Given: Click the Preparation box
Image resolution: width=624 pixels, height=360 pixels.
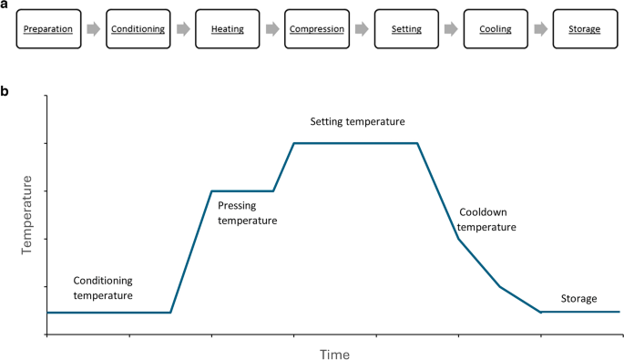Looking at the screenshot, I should pyautogui.click(x=48, y=28).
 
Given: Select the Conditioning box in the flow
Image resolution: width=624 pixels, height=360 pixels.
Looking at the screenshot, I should pyautogui.click(x=138, y=28).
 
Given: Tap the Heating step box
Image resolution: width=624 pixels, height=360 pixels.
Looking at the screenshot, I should pyautogui.click(x=227, y=28).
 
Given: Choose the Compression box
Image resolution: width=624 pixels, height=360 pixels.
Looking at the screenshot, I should pyautogui.click(x=316, y=28).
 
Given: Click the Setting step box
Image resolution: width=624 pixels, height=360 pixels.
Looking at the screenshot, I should pyautogui.click(x=405, y=28).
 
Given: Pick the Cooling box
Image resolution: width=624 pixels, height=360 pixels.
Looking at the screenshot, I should pyautogui.click(x=495, y=28).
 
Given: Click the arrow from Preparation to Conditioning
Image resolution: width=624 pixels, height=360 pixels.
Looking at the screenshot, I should pyautogui.click(x=93, y=28).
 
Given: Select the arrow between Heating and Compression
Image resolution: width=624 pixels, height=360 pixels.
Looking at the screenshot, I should pyautogui.click(x=271, y=28).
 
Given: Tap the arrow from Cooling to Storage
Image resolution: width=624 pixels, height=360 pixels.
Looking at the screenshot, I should pyautogui.click(x=539, y=28).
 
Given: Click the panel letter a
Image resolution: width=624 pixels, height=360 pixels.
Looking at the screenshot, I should pyautogui.click(x=5, y=5).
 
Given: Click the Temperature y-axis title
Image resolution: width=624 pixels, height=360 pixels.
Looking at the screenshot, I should pyautogui.click(x=27, y=220).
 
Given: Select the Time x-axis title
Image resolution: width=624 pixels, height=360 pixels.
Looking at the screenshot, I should pyautogui.click(x=333, y=353).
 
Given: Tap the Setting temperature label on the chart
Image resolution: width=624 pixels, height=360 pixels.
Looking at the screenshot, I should pyautogui.click(x=357, y=121).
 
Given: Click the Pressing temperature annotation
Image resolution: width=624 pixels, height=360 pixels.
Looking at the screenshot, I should pyautogui.click(x=248, y=213).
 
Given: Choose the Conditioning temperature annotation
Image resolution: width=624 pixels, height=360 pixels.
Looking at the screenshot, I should pyautogui.click(x=103, y=288).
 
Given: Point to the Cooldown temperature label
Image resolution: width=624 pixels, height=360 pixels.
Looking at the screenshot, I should pyautogui.click(x=487, y=219).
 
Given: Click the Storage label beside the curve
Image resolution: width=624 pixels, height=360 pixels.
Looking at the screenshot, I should pyautogui.click(x=578, y=299).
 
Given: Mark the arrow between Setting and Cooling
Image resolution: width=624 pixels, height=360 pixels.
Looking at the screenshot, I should pyautogui.click(x=450, y=28).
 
